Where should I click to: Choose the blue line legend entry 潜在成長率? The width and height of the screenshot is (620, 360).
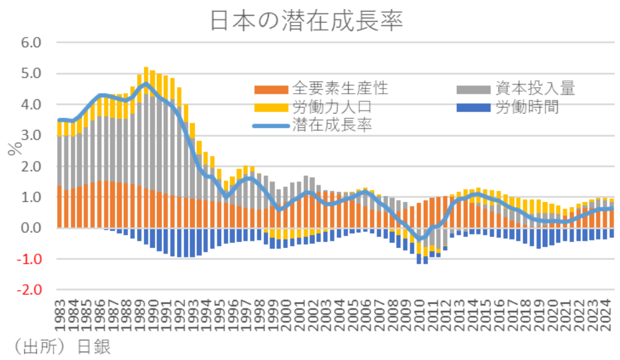coord(332,124)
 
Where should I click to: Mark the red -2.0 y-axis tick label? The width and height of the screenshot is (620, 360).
coord(29,290)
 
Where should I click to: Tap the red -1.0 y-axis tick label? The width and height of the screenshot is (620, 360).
coord(29,259)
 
